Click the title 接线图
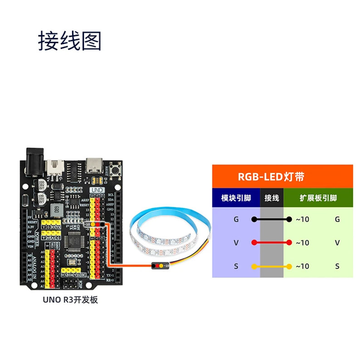(x=69, y=41)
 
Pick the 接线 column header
(x=271, y=198)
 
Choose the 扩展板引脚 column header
(x=318, y=198)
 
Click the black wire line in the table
(x=271, y=219)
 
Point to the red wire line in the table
(x=271, y=243)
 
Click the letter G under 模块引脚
(x=236, y=219)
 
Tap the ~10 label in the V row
(x=302, y=243)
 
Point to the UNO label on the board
(x=97, y=190)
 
